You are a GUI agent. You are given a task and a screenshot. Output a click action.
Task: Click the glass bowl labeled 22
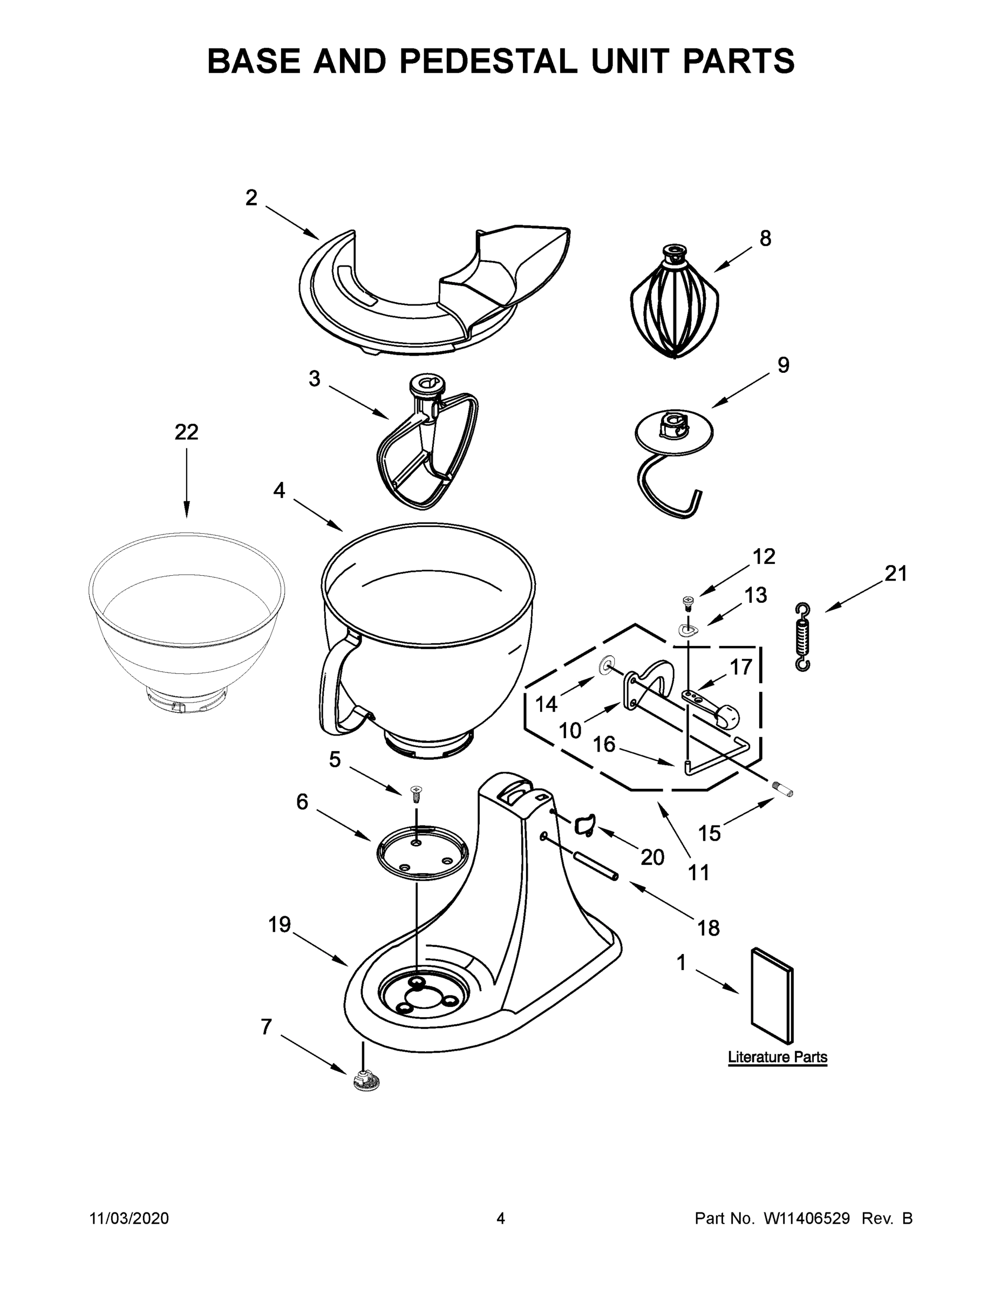[187, 617]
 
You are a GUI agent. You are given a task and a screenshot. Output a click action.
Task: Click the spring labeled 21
[802, 637]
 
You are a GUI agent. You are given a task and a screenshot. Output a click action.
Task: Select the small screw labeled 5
[416, 792]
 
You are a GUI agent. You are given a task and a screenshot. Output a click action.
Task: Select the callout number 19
[280, 924]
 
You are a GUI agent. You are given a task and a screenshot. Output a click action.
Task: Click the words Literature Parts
[777, 1057]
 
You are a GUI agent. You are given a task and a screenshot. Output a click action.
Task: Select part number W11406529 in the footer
[807, 1218]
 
